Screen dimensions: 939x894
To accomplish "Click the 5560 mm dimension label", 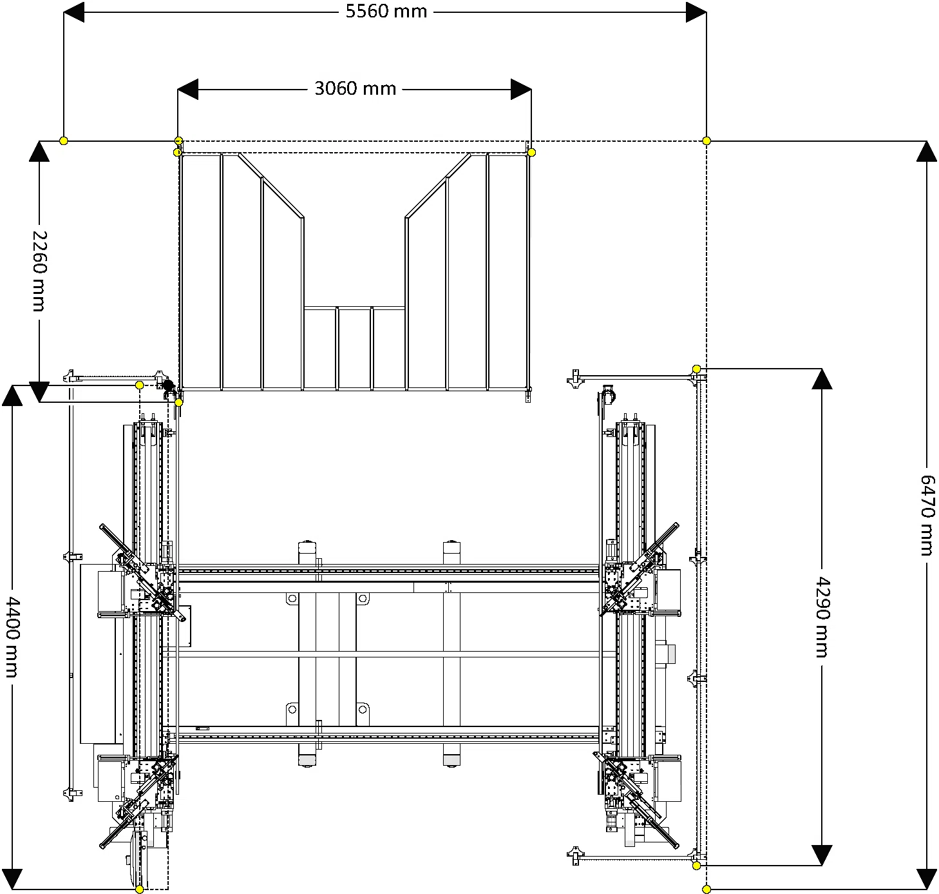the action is coord(386,12).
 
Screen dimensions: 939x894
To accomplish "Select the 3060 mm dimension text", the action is coord(356,89).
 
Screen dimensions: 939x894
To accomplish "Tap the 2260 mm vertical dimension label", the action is coord(40,271).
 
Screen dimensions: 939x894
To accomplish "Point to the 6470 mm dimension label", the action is coord(927,515).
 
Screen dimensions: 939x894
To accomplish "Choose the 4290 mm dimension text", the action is coord(822,617).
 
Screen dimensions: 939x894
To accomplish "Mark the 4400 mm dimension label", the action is coord(12,637).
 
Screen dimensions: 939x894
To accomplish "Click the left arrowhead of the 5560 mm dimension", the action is coord(74,12).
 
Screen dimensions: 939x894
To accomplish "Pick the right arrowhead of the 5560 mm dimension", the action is coord(696,12).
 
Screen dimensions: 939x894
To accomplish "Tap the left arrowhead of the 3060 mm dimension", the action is coord(187,90).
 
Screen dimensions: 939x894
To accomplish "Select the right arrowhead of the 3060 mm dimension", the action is coord(521,90).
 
